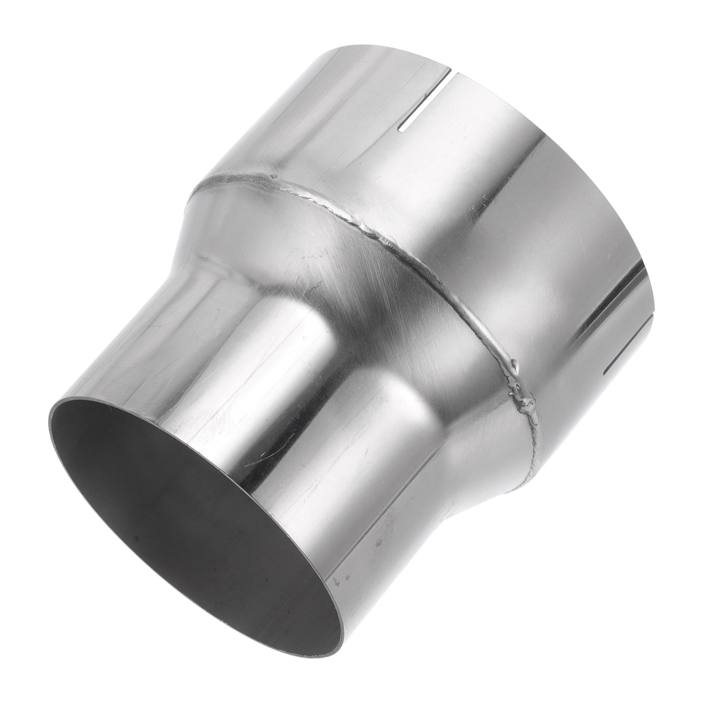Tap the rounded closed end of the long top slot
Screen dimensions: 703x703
tap(402, 138)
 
